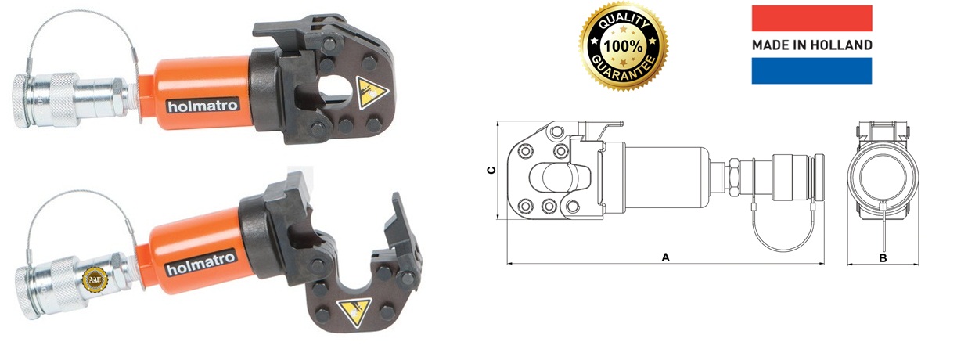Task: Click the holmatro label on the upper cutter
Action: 203,106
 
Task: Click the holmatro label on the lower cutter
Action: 201,263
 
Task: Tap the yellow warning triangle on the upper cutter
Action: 370,92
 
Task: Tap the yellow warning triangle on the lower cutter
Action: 354,311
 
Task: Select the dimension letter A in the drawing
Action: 665,257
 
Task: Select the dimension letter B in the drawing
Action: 883,258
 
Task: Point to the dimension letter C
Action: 491,171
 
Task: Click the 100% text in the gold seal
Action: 623,46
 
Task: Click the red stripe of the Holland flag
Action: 812,18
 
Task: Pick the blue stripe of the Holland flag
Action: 812,70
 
